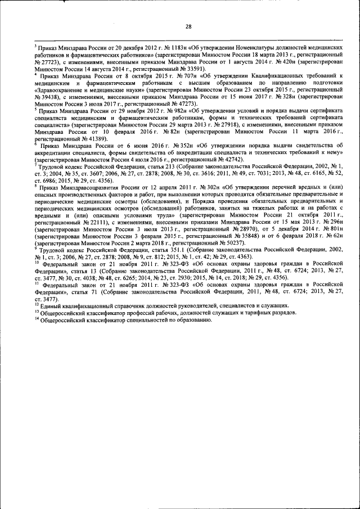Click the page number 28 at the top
[189, 26]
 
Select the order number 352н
[149, 146]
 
